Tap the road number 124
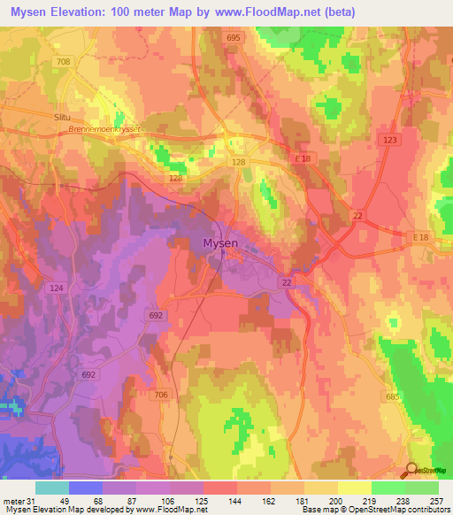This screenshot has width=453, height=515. click(58, 288)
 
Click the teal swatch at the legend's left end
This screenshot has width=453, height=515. click(52, 488)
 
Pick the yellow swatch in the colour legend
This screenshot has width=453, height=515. click(355, 488)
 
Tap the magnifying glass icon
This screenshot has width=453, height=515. click(413, 471)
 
